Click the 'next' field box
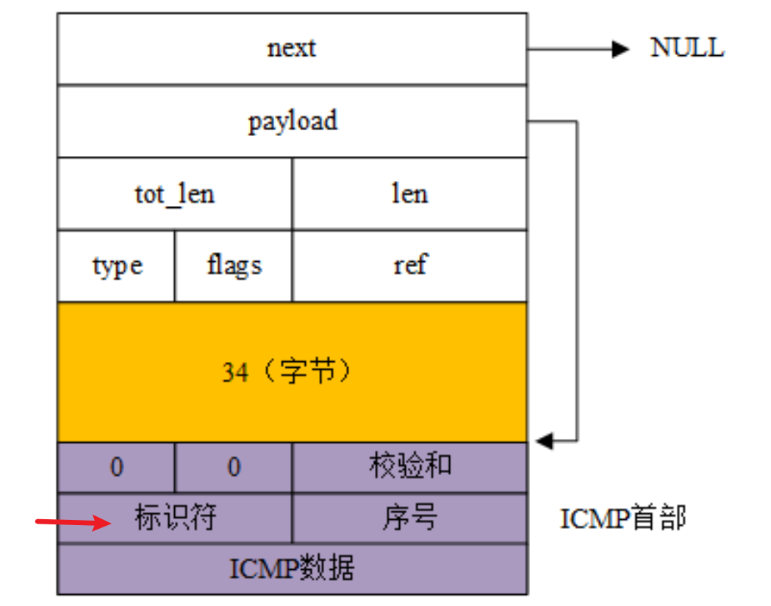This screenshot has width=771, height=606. tap(292, 49)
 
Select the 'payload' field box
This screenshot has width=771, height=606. tap(292, 121)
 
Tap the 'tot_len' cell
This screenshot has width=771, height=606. tap(175, 193)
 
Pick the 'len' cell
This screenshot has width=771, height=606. tap(409, 193)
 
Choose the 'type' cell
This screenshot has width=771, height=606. tap(117, 265)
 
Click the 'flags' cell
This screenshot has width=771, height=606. tap(234, 265)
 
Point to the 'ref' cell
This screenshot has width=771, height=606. tap(409, 265)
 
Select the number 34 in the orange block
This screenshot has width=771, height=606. tap(235, 373)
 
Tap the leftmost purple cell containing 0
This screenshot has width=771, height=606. tap(117, 468)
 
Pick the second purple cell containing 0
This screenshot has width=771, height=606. tap(234, 468)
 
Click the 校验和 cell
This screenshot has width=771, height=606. tap(409, 467)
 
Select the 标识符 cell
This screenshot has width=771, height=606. tap(175, 518)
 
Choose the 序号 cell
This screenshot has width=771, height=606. tap(409, 518)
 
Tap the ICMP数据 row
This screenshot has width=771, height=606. tap(292, 568)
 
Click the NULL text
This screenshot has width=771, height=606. tap(687, 49)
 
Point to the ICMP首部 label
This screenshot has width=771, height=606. tap(623, 518)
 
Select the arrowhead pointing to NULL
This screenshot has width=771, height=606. tap(621, 49)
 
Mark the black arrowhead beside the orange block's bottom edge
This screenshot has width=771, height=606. tap(545, 441)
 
